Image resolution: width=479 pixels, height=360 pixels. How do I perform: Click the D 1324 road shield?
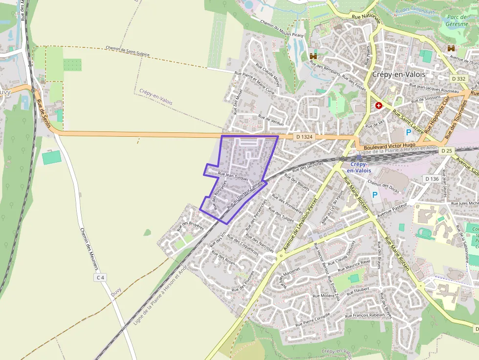pos(304,137)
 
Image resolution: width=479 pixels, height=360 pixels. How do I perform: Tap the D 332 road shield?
pos(459,79)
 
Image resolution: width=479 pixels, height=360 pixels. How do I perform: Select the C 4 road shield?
pos(101,277)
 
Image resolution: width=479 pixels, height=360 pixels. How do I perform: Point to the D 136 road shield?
pos(432,179)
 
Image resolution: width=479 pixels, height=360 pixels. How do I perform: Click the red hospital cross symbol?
pos(378,105)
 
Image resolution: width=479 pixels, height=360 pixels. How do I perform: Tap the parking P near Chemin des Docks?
pos(375,194)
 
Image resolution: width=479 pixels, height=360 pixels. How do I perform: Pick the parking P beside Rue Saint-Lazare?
pos(409,132)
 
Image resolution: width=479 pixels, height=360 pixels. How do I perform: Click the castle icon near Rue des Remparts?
pos(313,57)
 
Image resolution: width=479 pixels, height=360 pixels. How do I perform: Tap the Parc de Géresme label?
pos(457,20)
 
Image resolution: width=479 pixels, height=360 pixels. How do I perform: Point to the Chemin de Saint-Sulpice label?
pos(128,51)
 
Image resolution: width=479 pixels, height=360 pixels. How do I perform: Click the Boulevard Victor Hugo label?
pos(390,145)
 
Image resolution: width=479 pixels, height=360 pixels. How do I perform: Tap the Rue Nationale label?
pos(366,18)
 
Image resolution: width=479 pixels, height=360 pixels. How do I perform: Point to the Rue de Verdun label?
pos(270,120)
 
